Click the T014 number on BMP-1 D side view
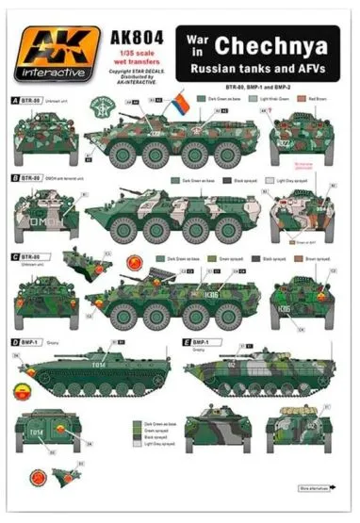97,367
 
